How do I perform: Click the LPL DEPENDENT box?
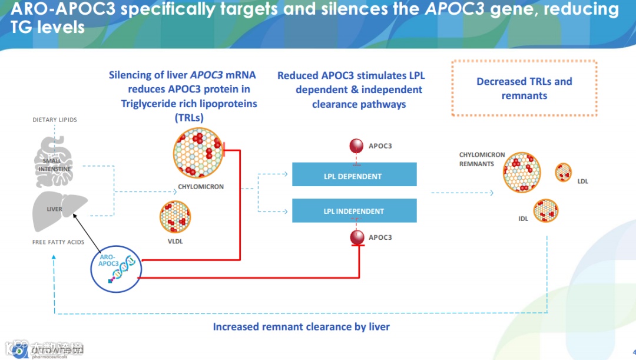pos(354,176)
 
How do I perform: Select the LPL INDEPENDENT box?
pos(354,211)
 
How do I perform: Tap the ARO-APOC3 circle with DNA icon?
pos(116,268)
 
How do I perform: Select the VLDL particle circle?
pos(175,217)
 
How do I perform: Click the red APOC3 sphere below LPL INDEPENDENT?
pos(356,237)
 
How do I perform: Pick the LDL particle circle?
pos(564,172)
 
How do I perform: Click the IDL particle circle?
pos(546,211)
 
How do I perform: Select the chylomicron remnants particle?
pos(522,172)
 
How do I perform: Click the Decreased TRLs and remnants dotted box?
pos(524,88)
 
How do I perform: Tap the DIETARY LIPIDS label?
pos(54,120)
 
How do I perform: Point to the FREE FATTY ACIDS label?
pos(58,242)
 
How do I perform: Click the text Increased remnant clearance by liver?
pos(301,326)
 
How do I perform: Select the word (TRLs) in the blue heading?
pos(189,118)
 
